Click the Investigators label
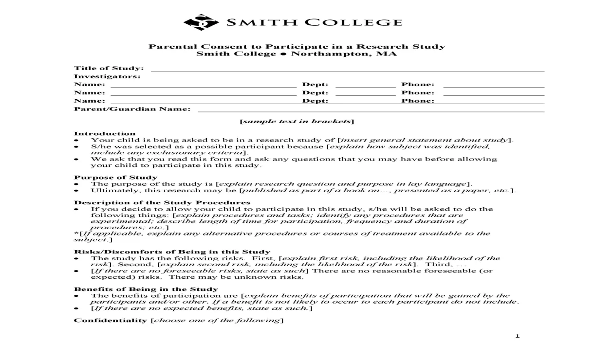click(107, 76)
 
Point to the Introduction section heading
click(105, 133)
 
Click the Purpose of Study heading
click(115, 177)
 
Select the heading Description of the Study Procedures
click(162, 202)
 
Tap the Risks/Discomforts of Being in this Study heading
click(172, 252)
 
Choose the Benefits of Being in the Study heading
click(146, 289)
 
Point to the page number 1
click(518, 336)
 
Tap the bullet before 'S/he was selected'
click(76, 146)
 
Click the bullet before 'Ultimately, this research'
click(76, 191)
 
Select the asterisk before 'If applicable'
click(75, 233)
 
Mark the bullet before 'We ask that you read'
click(76, 159)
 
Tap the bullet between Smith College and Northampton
click(283, 54)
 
